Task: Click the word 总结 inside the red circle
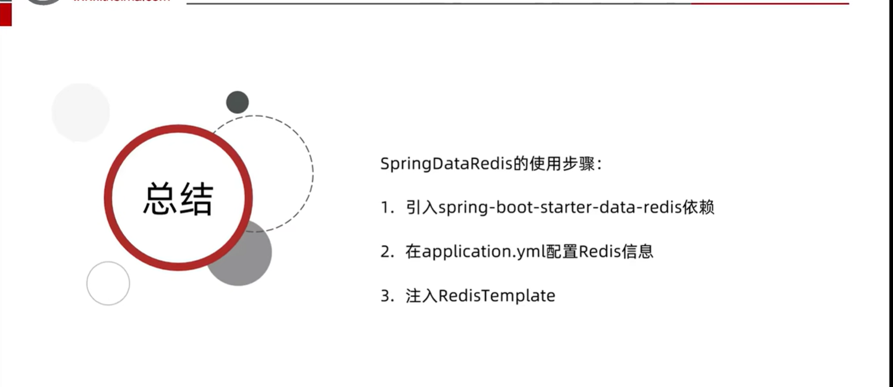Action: [178, 199]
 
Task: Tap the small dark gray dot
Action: [237, 102]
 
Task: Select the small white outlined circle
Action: [108, 283]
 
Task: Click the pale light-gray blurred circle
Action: [80, 112]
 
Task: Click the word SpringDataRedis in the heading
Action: [446, 165]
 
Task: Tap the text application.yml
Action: [484, 252]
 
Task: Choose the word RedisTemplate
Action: [497, 296]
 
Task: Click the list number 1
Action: [385, 207]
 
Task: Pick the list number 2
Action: [385, 252]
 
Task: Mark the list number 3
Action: [385, 296]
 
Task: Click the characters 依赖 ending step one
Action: [699, 207]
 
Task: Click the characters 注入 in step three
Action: [421, 296]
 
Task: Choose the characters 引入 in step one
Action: [421, 207]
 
